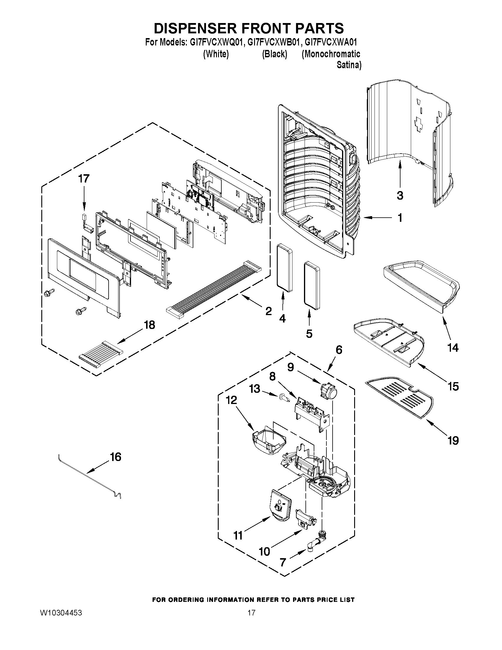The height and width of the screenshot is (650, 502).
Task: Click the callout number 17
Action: (84, 179)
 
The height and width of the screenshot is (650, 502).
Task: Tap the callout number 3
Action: (400, 196)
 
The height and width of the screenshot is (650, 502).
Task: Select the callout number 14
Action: (453, 347)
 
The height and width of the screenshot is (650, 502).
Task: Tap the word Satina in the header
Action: (349, 65)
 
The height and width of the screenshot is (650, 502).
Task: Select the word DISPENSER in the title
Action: (196, 28)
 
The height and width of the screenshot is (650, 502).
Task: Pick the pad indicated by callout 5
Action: (312, 285)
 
